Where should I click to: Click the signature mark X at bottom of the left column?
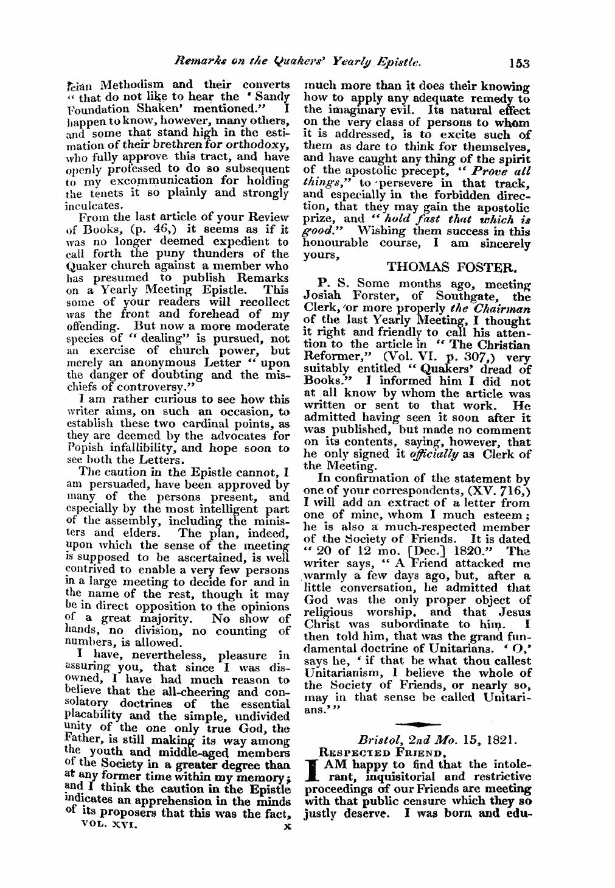point(287,828)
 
